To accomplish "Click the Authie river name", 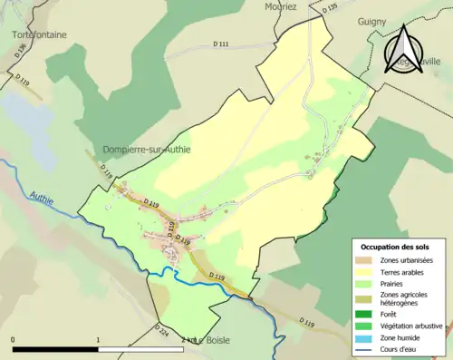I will point(42,194).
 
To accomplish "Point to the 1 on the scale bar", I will point(98,340).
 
